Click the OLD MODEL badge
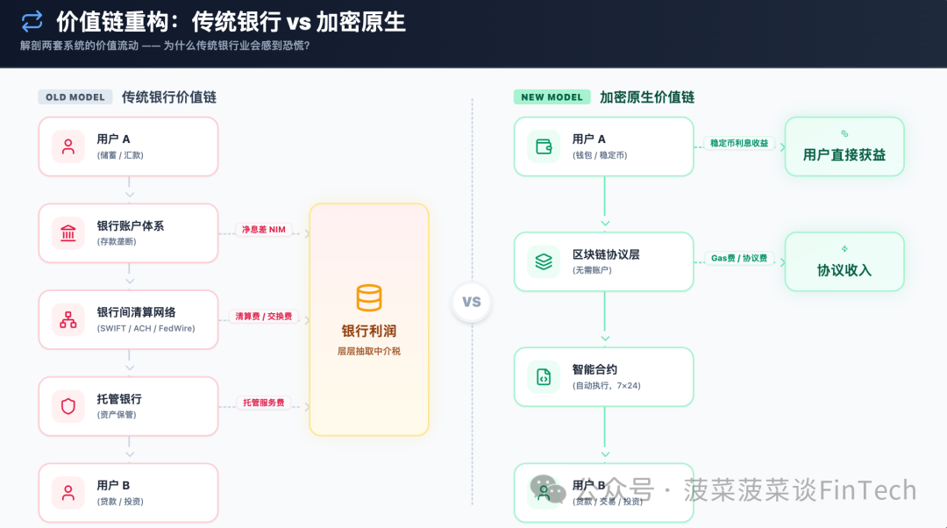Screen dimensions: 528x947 click(x=75, y=97)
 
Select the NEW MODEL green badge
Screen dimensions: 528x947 click(x=552, y=97)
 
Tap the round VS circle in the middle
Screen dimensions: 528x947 click(x=472, y=302)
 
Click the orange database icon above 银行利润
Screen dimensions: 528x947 click(x=369, y=298)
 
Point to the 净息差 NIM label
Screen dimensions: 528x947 click(x=264, y=230)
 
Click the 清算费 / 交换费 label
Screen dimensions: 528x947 click(x=263, y=317)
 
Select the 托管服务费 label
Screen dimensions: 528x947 click(x=264, y=403)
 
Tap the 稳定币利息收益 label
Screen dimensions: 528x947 click(x=739, y=143)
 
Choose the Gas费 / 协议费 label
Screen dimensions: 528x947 click(x=738, y=259)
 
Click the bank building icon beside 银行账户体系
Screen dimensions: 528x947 click(x=68, y=233)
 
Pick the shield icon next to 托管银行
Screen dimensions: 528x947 click(x=68, y=406)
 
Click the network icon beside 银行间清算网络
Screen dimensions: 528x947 click(x=68, y=320)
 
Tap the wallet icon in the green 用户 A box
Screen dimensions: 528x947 click(x=544, y=146)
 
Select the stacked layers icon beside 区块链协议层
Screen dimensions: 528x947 click(x=544, y=261)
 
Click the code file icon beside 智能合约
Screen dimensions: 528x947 click(x=544, y=377)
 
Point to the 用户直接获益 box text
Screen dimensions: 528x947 click(x=844, y=155)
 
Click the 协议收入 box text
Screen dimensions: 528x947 click(x=844, y=270)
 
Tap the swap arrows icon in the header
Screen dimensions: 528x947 click(x=32, y=21)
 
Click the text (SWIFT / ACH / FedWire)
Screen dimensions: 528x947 click(x=146, y=329)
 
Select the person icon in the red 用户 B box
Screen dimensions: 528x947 click(x=68, y=492)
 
